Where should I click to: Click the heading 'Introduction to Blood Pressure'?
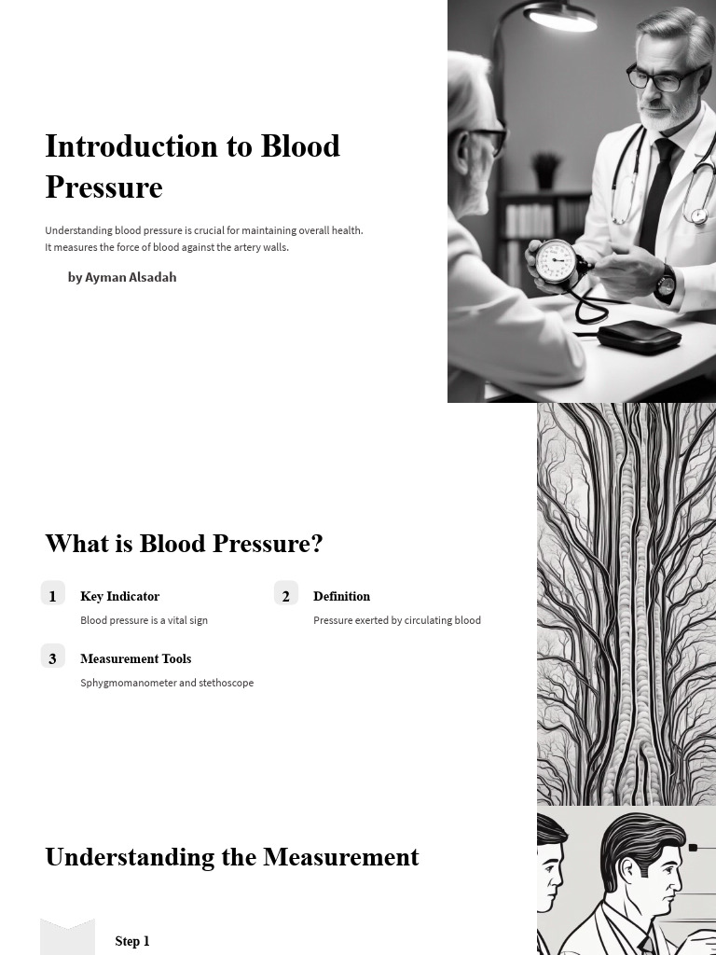(x=192, y=166)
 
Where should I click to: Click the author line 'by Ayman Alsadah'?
(x=122, y=277)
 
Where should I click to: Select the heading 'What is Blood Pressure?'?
(x=184, y=544)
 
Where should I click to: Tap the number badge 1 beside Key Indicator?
(x=53, y=595)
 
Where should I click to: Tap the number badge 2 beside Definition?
(x=286, y=595)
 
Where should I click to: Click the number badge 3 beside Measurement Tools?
(x=53, y=657)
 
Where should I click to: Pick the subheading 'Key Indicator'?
(x=119, y=596)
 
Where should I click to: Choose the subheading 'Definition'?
(x=341, y=596)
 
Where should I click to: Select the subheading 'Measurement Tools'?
(x=135, y=658)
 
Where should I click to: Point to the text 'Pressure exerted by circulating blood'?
(x=397, y=620)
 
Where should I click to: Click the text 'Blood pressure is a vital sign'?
(x=144, y=620)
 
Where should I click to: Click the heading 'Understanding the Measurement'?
(x=232, y=857)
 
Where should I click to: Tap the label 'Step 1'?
(x=132, y=941)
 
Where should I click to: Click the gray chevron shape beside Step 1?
(x=67, y=937)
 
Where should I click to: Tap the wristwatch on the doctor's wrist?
(x=665, y=282)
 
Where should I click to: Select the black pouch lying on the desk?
(x=639, y=336)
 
